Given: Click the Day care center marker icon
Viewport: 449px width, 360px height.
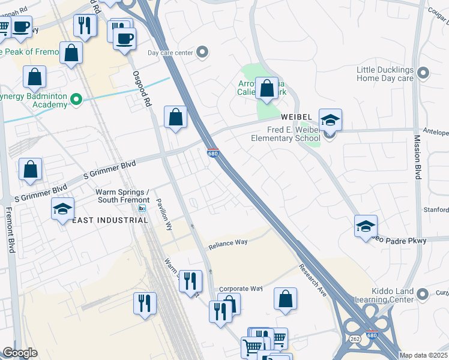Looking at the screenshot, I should pos(202,53).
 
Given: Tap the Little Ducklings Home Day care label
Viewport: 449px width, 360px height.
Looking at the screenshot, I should pos(385,74).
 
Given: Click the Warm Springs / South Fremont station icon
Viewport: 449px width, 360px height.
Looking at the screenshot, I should pos(142,208).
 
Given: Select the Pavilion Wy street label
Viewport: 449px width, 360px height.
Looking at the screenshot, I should pos(164,215).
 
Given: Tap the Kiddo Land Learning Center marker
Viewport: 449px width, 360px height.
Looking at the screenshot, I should pos(423,294).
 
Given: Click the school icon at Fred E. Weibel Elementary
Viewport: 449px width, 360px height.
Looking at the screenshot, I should pos(330,120).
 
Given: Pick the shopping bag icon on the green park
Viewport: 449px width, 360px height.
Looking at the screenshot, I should pos(267,89).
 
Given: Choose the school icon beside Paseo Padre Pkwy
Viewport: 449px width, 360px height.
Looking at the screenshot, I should pos(366,226).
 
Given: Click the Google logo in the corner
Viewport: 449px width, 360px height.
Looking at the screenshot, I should pos(20,353).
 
